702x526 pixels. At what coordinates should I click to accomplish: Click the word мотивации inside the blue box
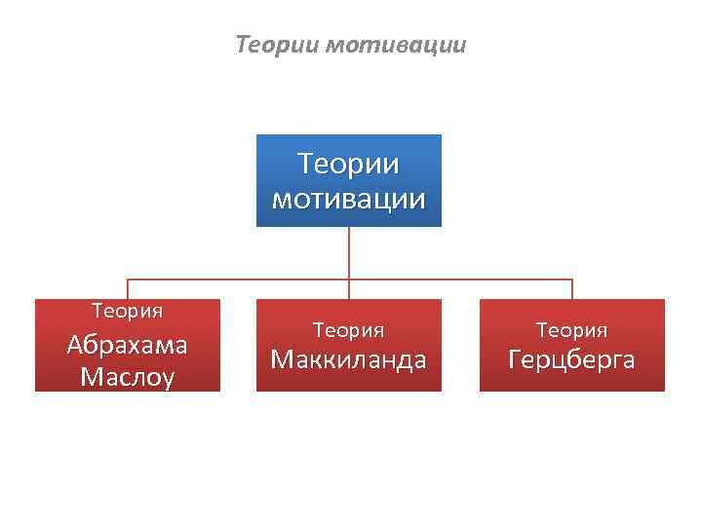point(349,199)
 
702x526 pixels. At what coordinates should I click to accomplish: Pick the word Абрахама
point(128,345)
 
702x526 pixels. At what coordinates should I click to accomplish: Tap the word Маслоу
point(128,376)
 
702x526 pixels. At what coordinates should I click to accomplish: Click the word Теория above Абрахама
point(128,312)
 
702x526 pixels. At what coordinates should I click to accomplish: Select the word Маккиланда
point(349,359)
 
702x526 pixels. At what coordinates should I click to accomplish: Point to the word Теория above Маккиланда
point(349,331)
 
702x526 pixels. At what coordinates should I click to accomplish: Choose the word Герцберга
point(572,359)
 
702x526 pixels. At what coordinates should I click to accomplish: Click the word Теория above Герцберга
point(572,331)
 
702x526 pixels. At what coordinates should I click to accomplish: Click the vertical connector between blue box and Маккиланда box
point(349,253)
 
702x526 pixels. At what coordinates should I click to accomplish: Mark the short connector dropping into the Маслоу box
point(128,289)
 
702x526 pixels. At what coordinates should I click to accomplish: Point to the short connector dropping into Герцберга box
point(572,289)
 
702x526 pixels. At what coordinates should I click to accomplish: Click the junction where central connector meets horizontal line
point(349,281)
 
